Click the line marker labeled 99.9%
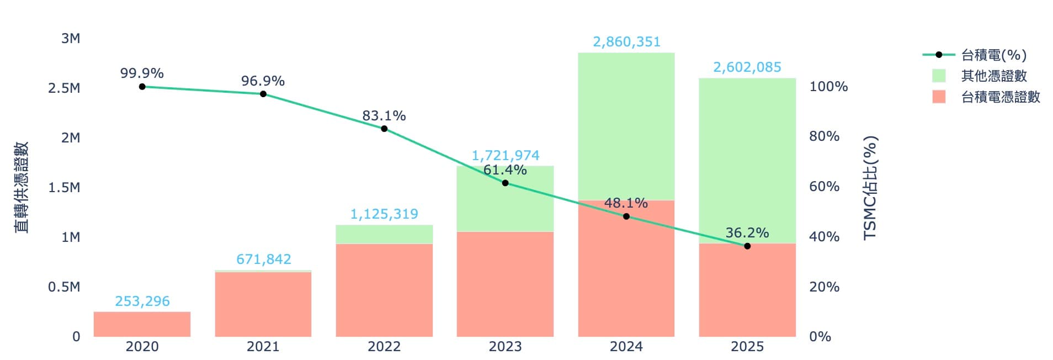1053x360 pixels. pyautogui.click(x=142, y=87)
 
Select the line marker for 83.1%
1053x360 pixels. pyautogui.click(x=384, y=129)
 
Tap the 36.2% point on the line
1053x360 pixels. pyautogui.click(x=747, y=246)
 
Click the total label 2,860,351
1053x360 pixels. pyautogui.click(x=626, y=42)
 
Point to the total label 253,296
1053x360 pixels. pyautogui.click(x=142, y=301)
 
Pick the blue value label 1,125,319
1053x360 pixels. pyautogui.click(x=384, y=214)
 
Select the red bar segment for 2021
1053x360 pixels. pyautogui.click(x=263, y=304)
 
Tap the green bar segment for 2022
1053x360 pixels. pyautogui.click(x=384, y=234)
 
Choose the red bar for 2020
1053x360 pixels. pyautogui.click(x=142, y=324)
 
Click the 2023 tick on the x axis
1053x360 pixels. pyautogui.click(x=505, y=347)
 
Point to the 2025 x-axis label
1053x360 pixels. pyautogui.click(x=747, y=347)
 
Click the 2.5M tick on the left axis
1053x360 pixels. pyautogui.click(x=64, y=88)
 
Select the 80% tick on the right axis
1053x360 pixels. pyautogui.click(x=824, y=136)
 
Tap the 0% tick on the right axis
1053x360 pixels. pyautogui.click(x=820, y=337)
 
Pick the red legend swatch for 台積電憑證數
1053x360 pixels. pyautogui.click(x=939, y=97)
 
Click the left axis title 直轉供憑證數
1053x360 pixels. pyautogui.click(x=21, y=188)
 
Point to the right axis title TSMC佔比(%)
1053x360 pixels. pyautogui.click(x=870, y=188)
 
